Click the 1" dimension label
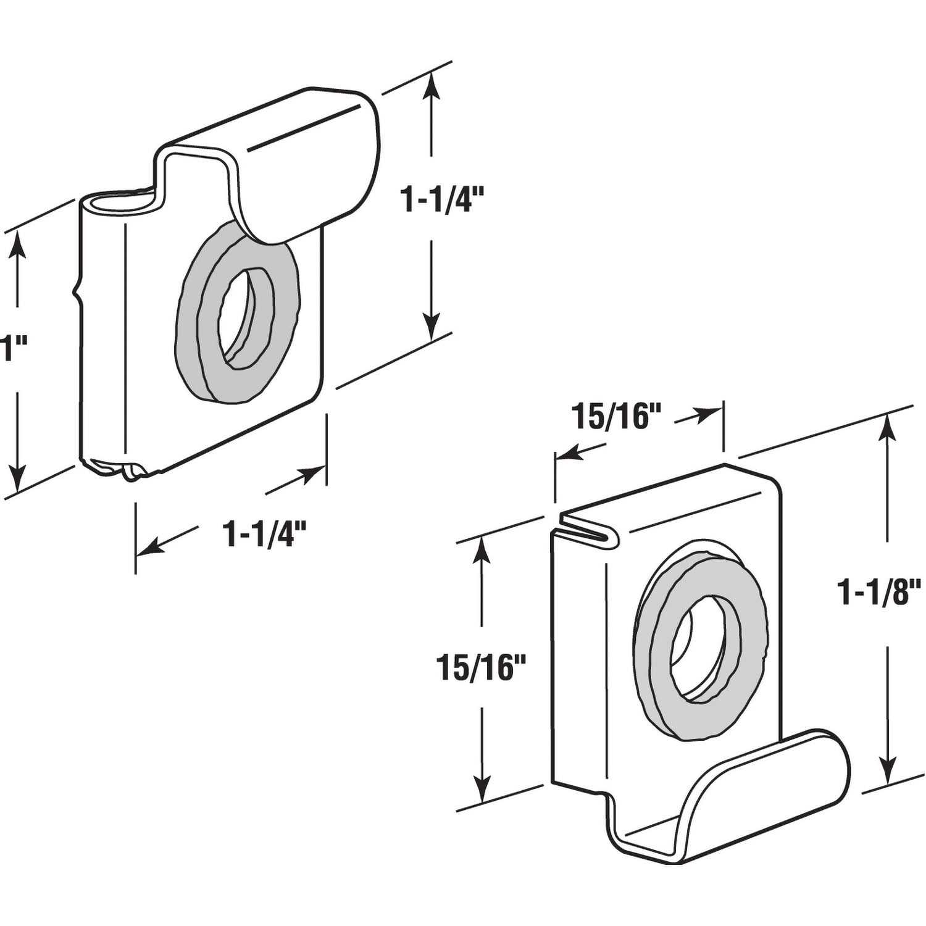(x=9, y=349)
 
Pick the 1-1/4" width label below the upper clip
(x=266, y=534)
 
